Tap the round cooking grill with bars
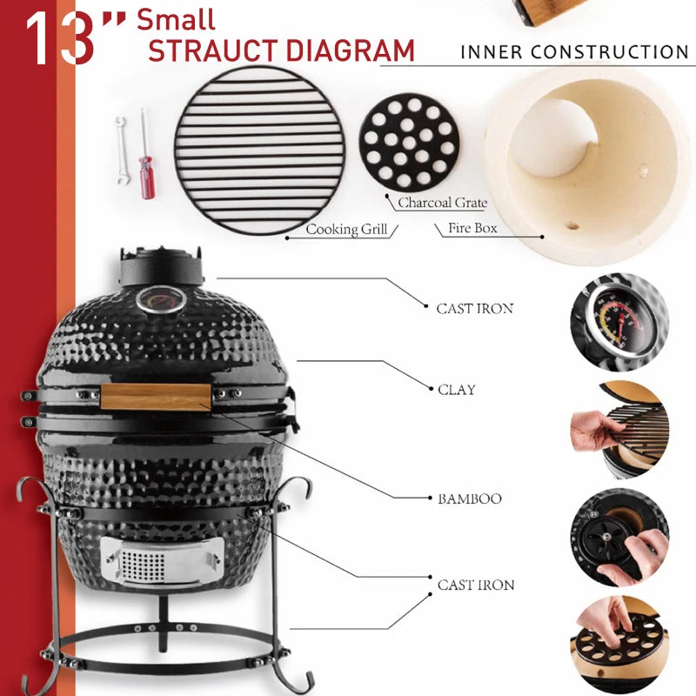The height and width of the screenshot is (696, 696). pyautogui.click(x=259, y=150)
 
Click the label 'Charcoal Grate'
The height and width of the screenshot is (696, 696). pyautogui.click(x=442, y=204)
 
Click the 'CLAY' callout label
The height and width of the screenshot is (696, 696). pyautogui.click(x=456, y=390)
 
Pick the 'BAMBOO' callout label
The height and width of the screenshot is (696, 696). pyautogui.click(x=469, y=499)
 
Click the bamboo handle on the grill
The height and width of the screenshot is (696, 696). pyautogui.click(x=157, y=397)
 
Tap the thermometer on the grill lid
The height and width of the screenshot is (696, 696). pyautogui.click(x=160, y=299)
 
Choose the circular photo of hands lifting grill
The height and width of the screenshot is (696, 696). pyautogui.click(x=619, y=429)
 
